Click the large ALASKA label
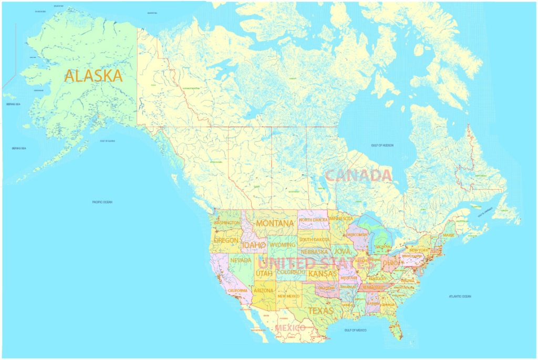[x=93, y=76]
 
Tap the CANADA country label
[x=358, y=176]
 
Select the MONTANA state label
[x=275, y=223]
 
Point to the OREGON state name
[x=226, y=240]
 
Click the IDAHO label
[x=253, y=245]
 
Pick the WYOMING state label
[x=283, y=245]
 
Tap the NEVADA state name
[x=241, y=260]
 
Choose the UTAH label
[x=264, y=273]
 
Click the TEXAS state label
[x=320, y=311]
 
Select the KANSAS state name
[x=323, y=274]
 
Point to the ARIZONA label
[x=263, y=291]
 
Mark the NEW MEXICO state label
[x=288, y=296]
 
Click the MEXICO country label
[x=290, y=328]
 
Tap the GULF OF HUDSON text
[x=381, y=145]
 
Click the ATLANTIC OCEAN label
[x=460, y=296]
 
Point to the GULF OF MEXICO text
[x=355, y=330]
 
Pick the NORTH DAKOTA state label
[x=314, y=220]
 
